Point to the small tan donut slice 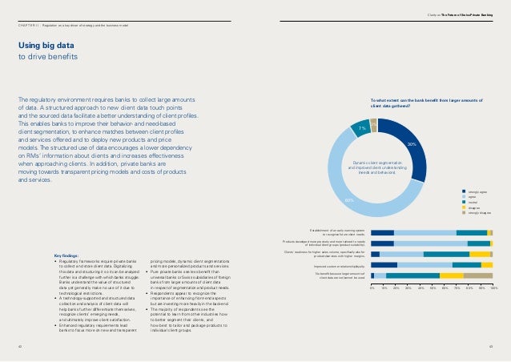tap(374, 123)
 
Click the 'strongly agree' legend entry tap(477, 191)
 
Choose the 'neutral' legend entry tap(474, 201)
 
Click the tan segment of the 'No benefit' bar tap(478, 276)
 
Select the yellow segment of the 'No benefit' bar tap(452, 276)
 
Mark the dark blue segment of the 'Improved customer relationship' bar tap(384, 264)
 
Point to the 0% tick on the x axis tap(372, 285)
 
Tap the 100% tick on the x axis tap(493, 285)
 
